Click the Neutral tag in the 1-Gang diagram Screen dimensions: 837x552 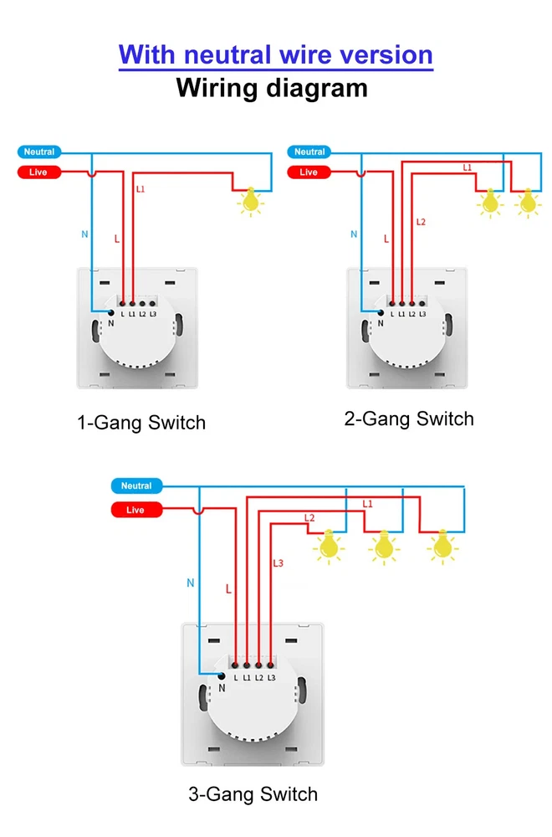39,152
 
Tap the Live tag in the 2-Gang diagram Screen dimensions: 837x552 309,172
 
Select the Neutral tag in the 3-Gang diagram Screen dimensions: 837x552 136,486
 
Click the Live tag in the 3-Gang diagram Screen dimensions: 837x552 135,510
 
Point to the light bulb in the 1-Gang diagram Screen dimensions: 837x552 248,202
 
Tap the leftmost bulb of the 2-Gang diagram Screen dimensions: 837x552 489,203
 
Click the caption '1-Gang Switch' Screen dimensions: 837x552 141,423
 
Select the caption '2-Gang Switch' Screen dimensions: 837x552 409,419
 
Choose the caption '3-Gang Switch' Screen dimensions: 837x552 253,794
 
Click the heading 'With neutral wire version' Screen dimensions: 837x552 276,55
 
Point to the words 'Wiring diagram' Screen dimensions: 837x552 272,88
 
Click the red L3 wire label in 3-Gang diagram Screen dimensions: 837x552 279,563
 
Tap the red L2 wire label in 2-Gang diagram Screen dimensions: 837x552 421,222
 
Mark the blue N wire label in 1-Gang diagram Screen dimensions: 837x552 84,234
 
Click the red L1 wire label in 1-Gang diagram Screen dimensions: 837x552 140,190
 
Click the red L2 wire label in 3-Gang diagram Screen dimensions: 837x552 309,518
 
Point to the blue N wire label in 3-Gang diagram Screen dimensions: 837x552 191,583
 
